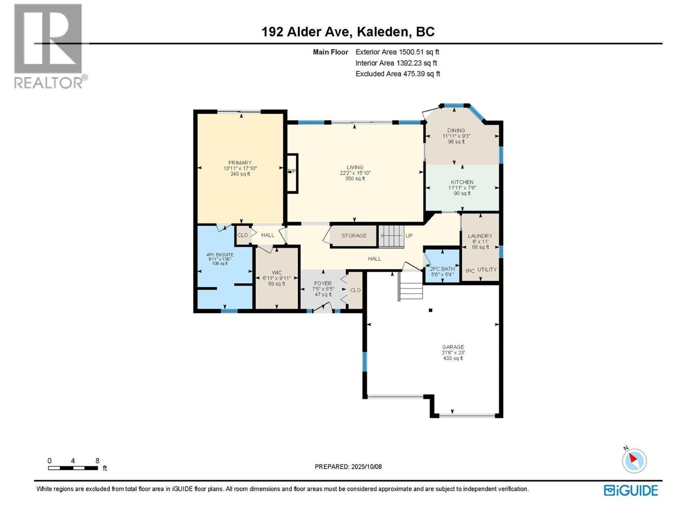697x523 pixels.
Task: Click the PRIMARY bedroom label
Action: coord(240,163)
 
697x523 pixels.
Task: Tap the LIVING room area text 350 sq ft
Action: coord(355,179)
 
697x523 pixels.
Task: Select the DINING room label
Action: coord(456,130)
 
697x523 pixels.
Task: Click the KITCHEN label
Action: coord(462,182)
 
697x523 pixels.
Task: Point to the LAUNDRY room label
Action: coord(480,236)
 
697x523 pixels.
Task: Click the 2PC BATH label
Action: coord(442,269)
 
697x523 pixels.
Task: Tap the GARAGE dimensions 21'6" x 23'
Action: coord(453,353)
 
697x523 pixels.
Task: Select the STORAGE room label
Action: coord(354,236)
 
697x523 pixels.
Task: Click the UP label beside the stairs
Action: coord(409,236)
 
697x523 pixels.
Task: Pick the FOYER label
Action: coord(323,283)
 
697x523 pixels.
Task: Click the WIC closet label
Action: coord(277,272)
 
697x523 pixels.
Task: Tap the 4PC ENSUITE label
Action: coord(220,255)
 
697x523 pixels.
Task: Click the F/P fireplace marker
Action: coord(292,171)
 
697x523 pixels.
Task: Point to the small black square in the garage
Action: coord(430,310)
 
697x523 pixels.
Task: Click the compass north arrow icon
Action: coord(634,461)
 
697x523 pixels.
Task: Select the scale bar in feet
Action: coord(73,468)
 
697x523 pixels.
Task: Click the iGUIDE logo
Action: coord(631,490)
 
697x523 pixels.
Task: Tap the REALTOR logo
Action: coord(48,46)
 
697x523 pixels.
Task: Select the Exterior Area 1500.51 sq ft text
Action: coord(397,52)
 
